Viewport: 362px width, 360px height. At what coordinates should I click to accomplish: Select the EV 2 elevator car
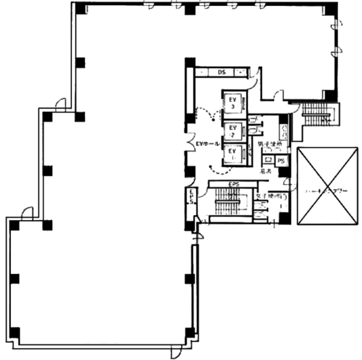[x=232, y=131]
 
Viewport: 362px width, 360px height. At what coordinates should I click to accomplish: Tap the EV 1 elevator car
[x=232, y=153]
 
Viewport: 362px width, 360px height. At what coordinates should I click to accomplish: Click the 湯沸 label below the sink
[x=266, y=171]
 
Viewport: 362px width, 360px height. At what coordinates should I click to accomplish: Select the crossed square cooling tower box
[x=327, y=186]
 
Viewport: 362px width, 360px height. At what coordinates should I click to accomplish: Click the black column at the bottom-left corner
[x=14, y=332]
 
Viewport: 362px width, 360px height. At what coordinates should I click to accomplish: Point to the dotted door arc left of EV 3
[x=209, y=114]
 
